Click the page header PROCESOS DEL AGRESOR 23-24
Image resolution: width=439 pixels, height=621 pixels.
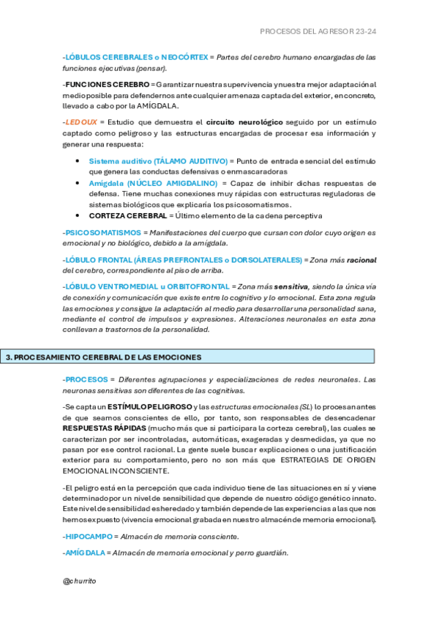pyautogui.click(x=318, y=32)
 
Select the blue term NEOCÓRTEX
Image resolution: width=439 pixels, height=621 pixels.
pyautogui.click(x=182, y=56)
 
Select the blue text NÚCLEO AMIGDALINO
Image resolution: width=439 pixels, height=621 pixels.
pyautogui.click(x=172, y=182)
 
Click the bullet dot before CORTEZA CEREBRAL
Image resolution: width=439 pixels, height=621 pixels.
pyautogui.click(x=79, y=216)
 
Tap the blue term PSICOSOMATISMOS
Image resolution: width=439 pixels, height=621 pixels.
pyautogui.click(x=103, y=232)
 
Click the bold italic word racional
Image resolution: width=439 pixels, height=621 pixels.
pyautogui.click(x=361, y=260)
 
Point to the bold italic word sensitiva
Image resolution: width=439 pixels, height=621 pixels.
pyautogui.click(x=292, y=286)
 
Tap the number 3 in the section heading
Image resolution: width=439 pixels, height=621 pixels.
pyautogui.click(x=8, y=357)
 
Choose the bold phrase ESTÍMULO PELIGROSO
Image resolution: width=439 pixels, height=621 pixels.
pyautogui.click(x=149, y=406)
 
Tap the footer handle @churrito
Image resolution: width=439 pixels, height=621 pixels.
pyautogui.click(x=80, y=581)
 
